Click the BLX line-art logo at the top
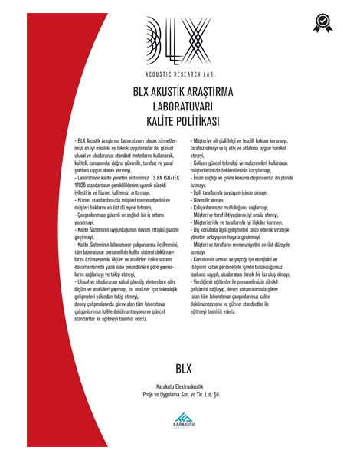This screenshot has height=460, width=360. point(178,38)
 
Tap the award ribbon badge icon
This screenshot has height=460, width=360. point(323,21)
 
